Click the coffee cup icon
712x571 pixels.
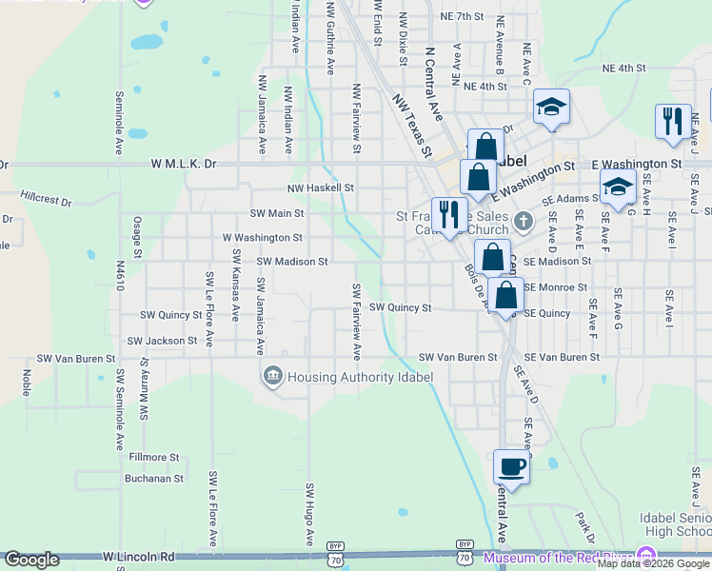511,466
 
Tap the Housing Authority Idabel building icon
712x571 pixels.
273,377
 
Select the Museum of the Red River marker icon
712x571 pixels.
646,555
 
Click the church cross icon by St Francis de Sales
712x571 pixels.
523,223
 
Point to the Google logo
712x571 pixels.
32,560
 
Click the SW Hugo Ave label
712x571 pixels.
309,514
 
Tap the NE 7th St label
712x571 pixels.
463,16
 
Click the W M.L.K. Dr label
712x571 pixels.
184,164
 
